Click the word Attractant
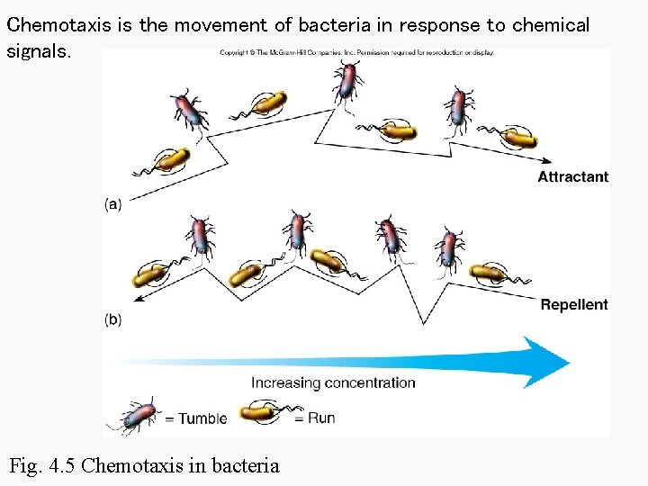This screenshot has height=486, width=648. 572,177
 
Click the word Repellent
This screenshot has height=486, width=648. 574,305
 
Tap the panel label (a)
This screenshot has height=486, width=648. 113,204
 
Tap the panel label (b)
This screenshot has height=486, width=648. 113,319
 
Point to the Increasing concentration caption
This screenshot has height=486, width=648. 333,382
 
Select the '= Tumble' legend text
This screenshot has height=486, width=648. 195,418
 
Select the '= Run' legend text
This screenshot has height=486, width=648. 315,418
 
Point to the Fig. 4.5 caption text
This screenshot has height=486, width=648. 144,466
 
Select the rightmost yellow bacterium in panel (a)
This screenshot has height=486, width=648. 518,139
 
